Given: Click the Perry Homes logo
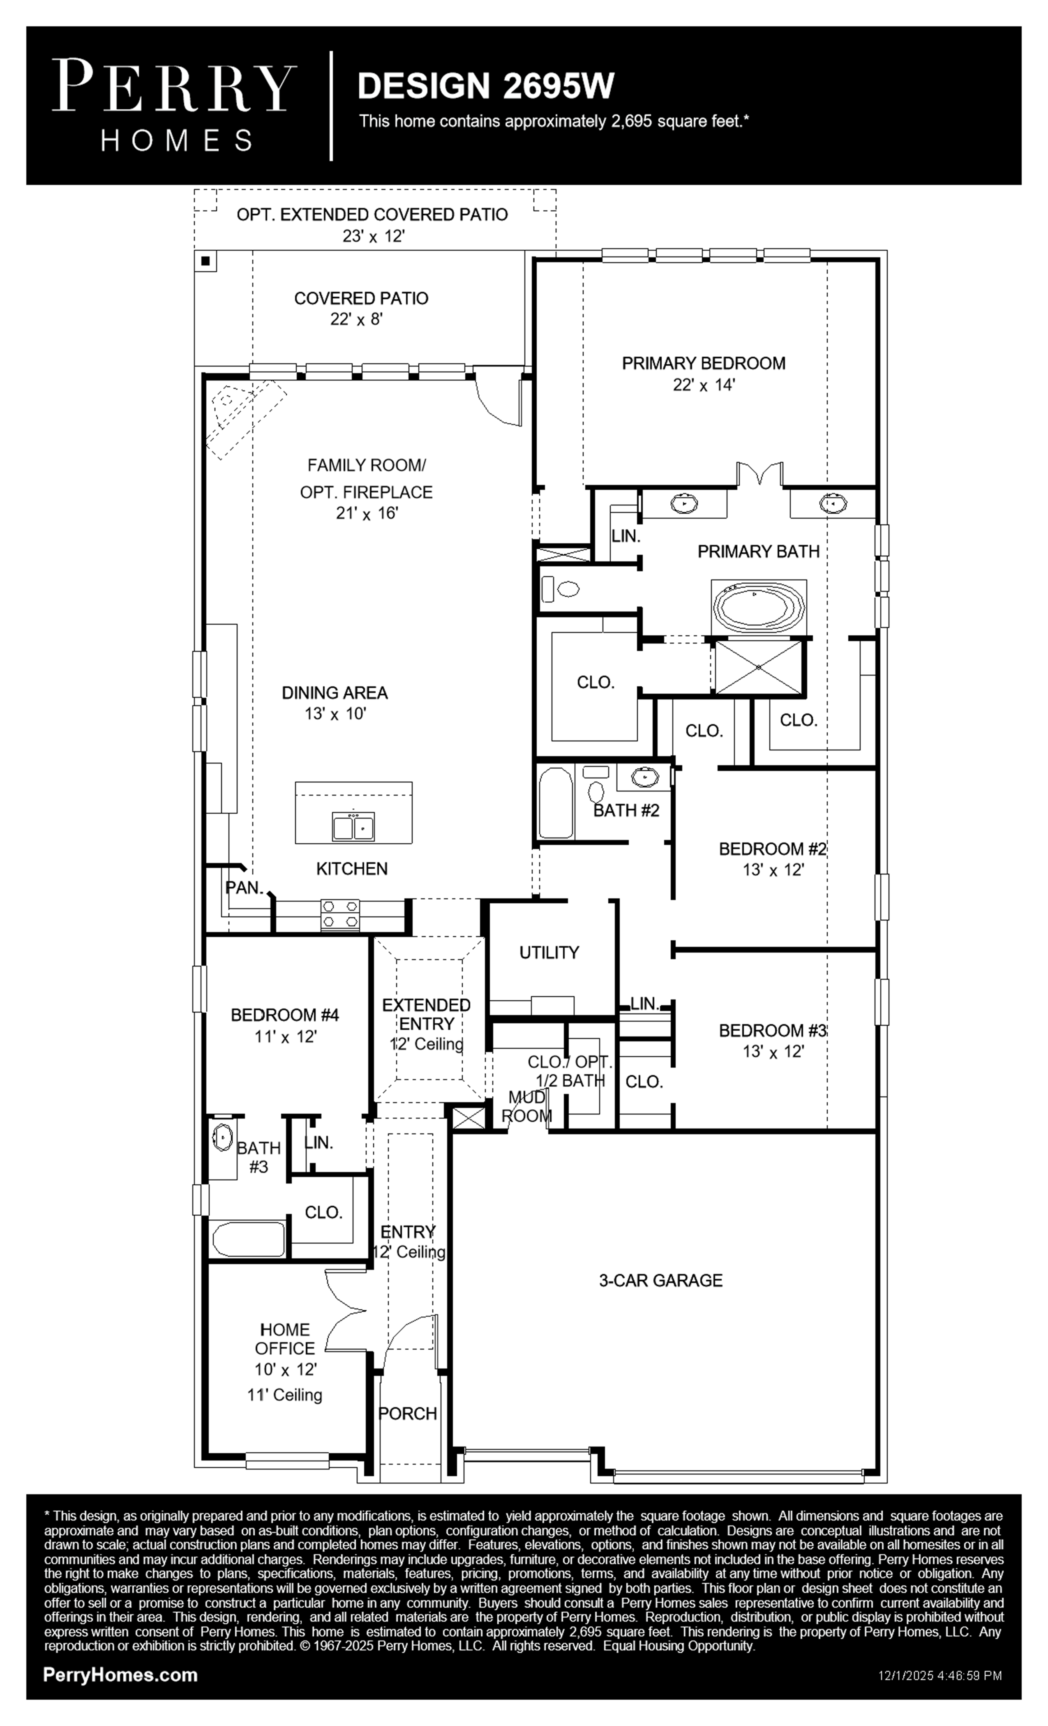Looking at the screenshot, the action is tap(174, 105).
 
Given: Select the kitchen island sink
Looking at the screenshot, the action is tap(353, 826).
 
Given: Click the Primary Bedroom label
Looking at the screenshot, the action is tap(703, 363).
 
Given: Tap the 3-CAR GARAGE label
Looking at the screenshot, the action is tap(660, 1280).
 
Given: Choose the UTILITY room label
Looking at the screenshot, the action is tap(549, 952).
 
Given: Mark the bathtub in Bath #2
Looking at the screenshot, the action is tap(556, 802).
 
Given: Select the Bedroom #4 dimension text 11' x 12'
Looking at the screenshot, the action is tap(285, 1036).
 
